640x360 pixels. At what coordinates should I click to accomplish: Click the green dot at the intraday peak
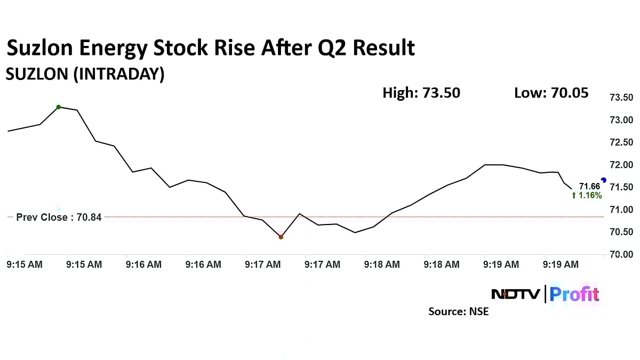[59, 107]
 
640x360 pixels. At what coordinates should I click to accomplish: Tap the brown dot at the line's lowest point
[281, 237]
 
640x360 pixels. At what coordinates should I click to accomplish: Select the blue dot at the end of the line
[603, 180]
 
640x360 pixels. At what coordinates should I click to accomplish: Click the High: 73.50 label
[421, 93]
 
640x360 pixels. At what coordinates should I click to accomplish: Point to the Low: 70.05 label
[551, 93]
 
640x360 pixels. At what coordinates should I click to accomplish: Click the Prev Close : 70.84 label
[59, 218]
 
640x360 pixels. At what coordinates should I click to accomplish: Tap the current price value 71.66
[589, 187]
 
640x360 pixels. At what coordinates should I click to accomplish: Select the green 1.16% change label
[587, 196]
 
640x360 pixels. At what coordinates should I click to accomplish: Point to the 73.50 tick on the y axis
[621, 98]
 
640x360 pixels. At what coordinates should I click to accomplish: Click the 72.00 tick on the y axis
[621, 165]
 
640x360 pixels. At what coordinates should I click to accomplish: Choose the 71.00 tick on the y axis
[621, 210]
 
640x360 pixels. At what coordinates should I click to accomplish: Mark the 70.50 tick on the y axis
[621, 232]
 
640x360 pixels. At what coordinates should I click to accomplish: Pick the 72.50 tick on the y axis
[621, 142]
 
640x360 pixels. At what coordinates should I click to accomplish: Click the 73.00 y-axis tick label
[621, 120]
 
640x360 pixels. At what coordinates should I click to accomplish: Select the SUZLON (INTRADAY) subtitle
[85, 75]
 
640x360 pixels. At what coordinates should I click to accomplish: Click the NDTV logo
[516, 294]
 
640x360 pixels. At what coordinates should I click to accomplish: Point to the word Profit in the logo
[574, 294]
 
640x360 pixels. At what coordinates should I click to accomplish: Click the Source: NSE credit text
[458, 311]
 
